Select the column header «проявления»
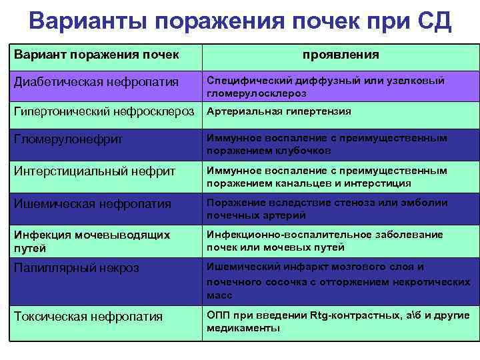click(340, 55)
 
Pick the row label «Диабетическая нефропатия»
click(97, 82)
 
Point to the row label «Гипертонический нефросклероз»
click(104, 111)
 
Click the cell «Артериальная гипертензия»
click(279, 111)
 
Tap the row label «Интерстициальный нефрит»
click(95, 171)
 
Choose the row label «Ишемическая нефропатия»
click(93, 204)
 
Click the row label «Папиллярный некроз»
click(77, 267)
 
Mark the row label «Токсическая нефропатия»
click(89, 317)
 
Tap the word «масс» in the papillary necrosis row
click(219, 295)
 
